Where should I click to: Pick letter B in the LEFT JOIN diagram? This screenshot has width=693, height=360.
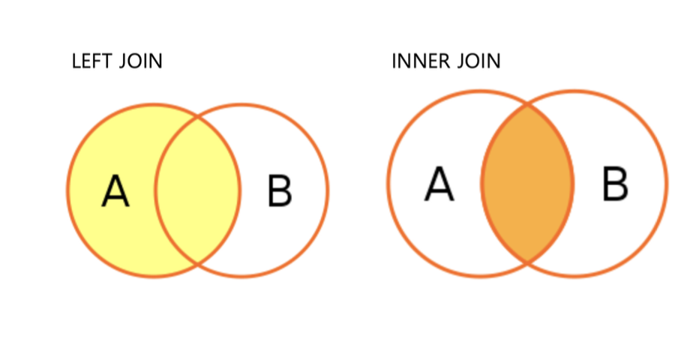[x=280, y=191]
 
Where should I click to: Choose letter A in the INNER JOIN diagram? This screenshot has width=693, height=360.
[x=439, y=184]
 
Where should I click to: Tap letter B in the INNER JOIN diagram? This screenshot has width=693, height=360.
[x=615, y=184]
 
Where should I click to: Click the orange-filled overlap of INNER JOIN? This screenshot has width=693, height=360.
[x=527, y=184]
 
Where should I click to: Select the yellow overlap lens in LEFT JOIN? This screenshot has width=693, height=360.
[x=198, y=190]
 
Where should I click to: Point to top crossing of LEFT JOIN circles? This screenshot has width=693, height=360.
[x=198, y=116]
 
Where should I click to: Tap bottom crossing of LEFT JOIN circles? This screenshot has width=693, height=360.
[x=198, y=265]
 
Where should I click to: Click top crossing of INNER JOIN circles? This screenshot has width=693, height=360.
[x=527, y=104]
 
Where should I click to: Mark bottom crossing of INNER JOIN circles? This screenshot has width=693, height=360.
[x=527, y=263]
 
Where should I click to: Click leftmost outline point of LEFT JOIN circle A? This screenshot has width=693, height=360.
[x=67, y=190]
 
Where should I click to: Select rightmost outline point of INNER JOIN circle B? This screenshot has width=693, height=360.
[x=666, y=184]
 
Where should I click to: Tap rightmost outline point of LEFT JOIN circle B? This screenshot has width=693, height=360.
[x=328, y=190]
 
